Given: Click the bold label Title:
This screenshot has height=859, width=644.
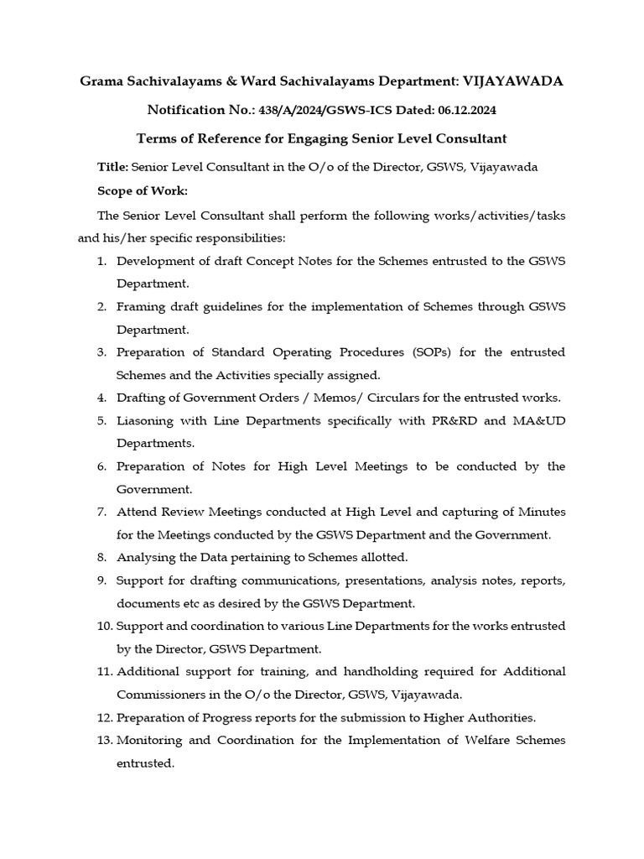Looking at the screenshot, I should pos(113,167).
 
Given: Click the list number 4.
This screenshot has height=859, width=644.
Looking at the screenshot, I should pos(101,397).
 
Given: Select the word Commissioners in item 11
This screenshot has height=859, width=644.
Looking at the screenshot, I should pos(160,695).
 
